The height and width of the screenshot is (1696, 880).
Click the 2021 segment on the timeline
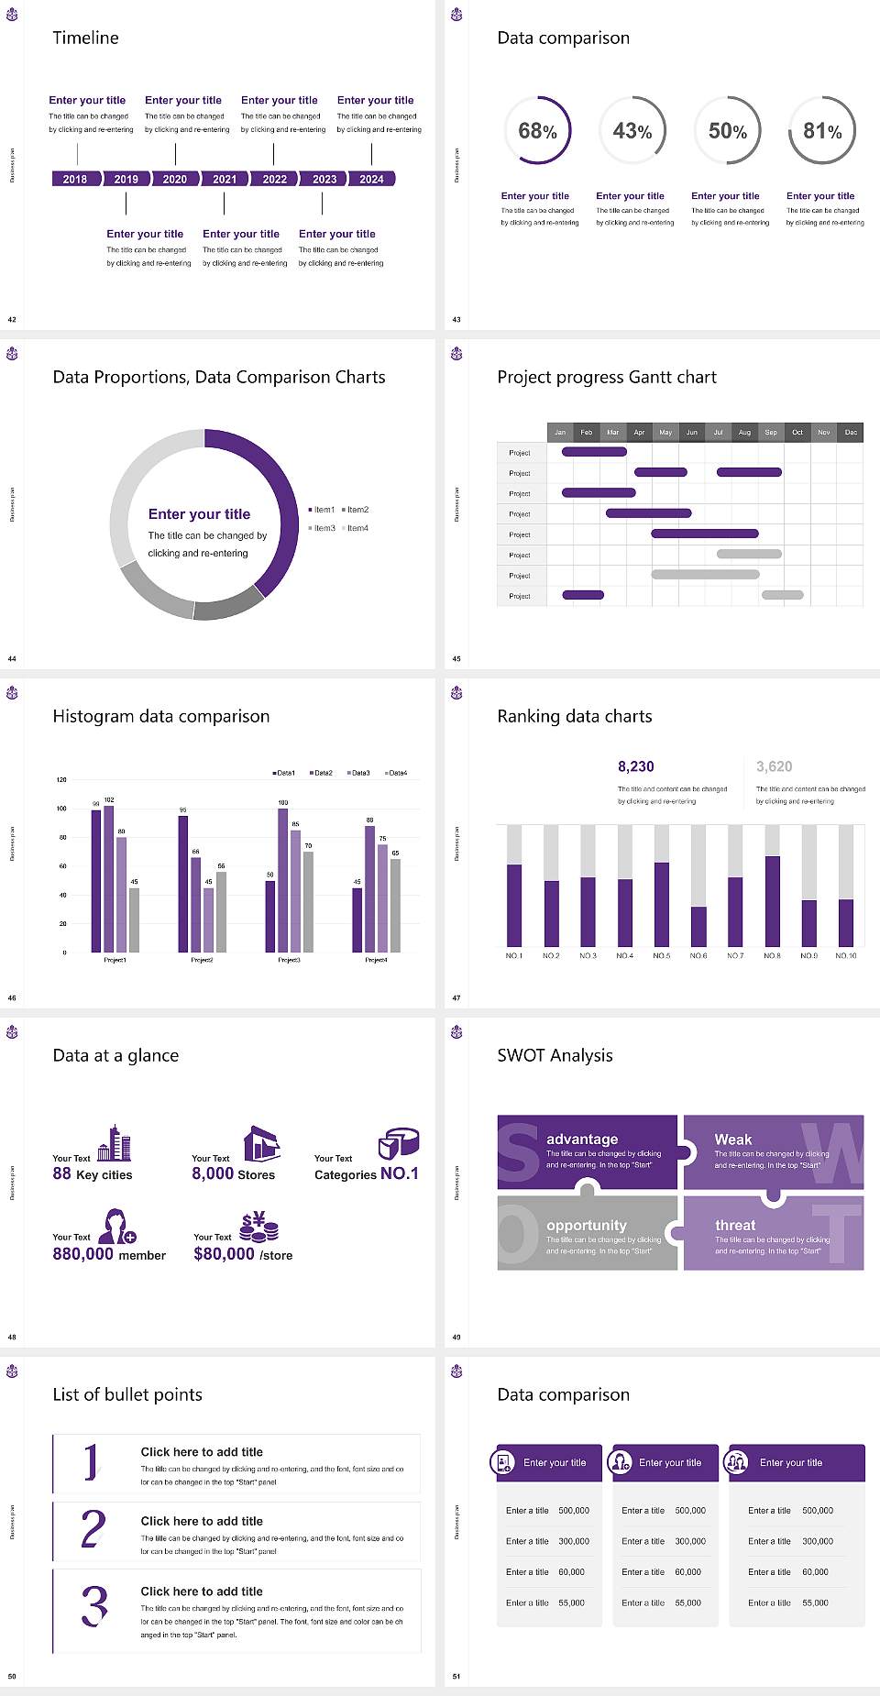(x=225, y=180)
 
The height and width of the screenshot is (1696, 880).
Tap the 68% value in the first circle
(x=537, y=131)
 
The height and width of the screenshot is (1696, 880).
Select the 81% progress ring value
(x=822, y=131)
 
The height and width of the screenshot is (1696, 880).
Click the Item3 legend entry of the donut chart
(x=323, y=528)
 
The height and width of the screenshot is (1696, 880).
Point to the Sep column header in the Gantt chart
(x=771, y=432)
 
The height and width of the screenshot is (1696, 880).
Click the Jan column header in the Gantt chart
(x=560, y=432)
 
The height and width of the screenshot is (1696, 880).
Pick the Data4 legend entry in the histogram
(x=396, y=773)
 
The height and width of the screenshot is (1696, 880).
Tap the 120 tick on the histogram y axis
(x=61, y=780)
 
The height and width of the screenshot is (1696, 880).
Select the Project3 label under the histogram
(x=289, y=960)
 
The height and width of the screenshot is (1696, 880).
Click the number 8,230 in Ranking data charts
(x=635, y=766)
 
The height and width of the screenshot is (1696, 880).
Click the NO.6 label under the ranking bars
(x=698, y=955)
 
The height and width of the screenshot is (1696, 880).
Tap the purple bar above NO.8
(x=773, y=900)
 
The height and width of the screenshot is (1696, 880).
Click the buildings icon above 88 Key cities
(x=115, y=1143)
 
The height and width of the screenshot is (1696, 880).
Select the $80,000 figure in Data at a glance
(x=224, y=1254)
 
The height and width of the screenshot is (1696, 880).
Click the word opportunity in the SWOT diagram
(x=587, y=1225)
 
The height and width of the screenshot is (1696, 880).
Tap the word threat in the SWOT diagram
(x=735, y=1225)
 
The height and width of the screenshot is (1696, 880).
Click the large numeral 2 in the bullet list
(x=93, y=1529)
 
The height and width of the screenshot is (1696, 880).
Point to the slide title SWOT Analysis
(x=555, y=1055)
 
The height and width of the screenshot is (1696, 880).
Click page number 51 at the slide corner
(x=456, y=1676)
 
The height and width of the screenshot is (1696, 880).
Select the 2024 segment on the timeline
(x=371, y=180)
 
